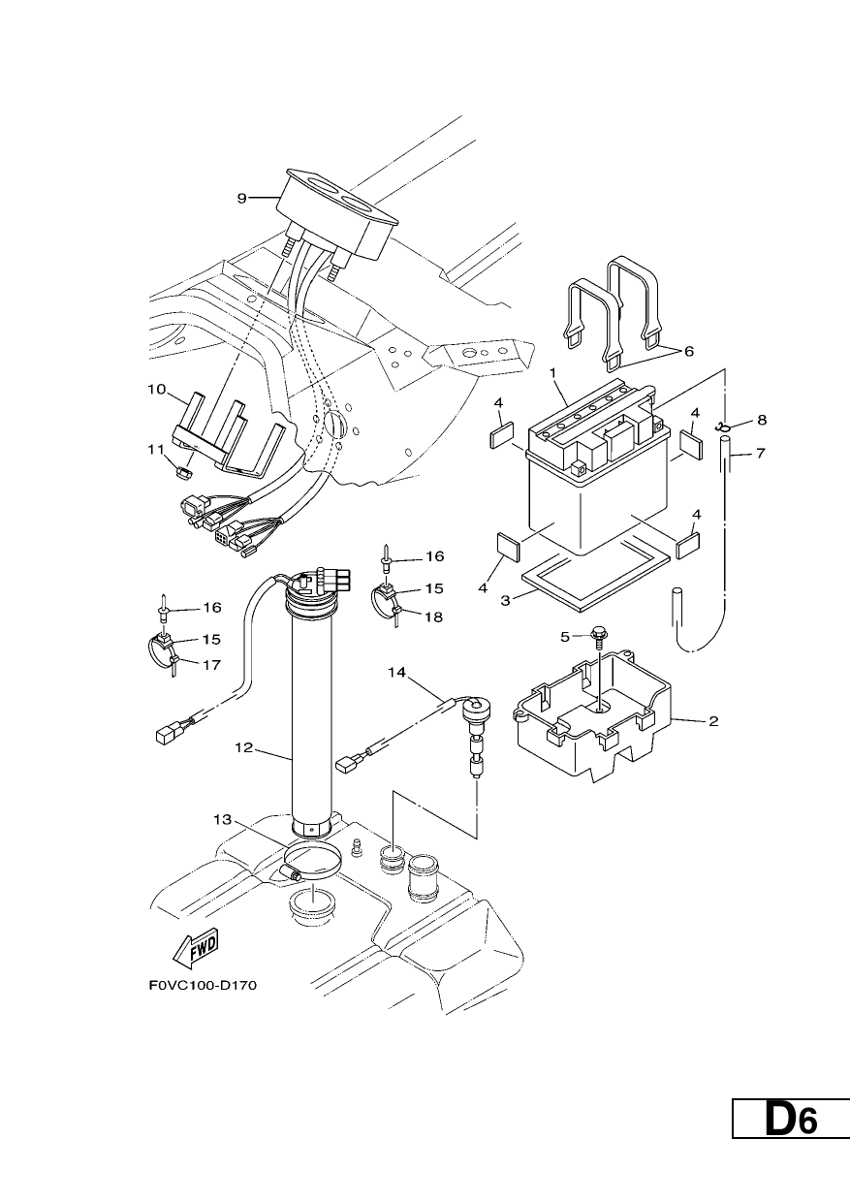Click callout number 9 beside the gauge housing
[241, 199]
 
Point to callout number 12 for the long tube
[243, 747]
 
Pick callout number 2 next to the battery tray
[713, 721]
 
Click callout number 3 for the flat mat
[505, 600]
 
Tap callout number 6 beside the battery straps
[688, 351]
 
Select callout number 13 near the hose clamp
[222, 835]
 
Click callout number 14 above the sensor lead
[397, 672]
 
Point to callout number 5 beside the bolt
[564, 637]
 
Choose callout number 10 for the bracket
[157, 389]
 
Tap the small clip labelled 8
[722, 427]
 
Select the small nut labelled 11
[184, 472]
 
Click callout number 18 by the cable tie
[433, 617]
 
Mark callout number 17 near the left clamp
[212, 665]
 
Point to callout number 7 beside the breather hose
[760, 454]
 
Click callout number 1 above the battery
[552, 372]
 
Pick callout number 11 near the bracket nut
[156, 449]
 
